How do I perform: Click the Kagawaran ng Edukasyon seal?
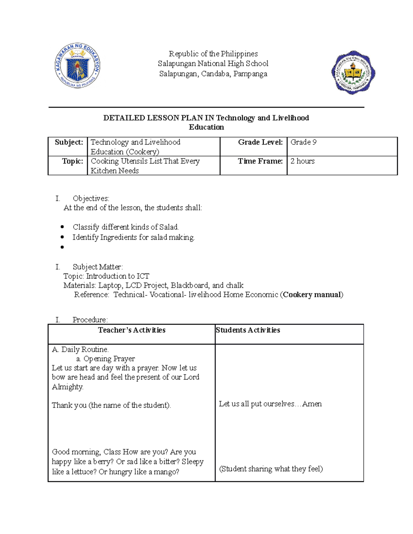77,66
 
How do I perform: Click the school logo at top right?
353,73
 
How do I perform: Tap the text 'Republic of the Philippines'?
213,54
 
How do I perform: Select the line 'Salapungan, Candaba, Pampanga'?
213,74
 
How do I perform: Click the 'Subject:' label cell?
69,142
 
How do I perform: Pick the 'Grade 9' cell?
303,142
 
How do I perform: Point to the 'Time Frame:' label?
260,161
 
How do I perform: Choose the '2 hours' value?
302,161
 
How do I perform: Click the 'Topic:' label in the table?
72,161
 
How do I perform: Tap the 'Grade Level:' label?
260,142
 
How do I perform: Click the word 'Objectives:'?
91,198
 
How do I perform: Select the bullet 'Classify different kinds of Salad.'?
125,227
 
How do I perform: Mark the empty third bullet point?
62,247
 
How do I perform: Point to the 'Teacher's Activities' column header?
131,330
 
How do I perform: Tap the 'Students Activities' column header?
248,330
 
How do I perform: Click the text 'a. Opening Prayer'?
105,359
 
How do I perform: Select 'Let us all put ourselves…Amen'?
270,404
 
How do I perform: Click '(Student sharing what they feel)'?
271,469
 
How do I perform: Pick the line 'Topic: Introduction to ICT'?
106,276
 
